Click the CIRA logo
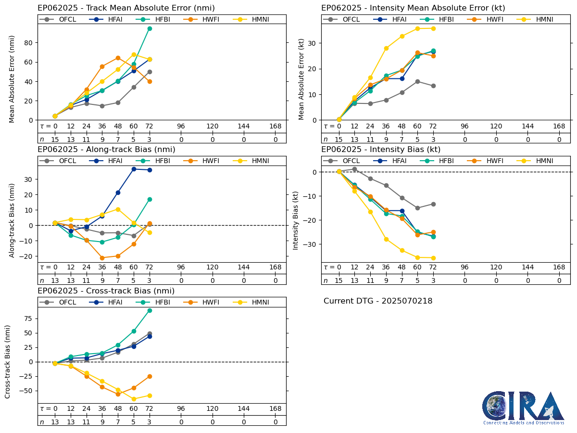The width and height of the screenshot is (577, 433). pyautogui.click(x=523, y=408)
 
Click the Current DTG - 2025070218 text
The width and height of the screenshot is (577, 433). pyautogui.click(x=378, y=301)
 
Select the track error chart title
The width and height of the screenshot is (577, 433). pyautogui.click(x=126, y=8)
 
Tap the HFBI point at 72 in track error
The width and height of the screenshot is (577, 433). pyautogui.click(x=150, y=28)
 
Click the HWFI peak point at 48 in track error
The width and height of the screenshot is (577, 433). pyautogui.click(x=118, y=58)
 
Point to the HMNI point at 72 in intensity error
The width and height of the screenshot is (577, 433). pyautogui.click(x=433, y=28)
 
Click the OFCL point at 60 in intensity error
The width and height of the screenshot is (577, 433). pyautogui.click(x=417, y=81)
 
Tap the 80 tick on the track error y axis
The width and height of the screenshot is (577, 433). pyautogui.click(x=29, y=42)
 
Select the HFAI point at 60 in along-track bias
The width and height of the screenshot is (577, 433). pyautogui.click(x=134, y=169)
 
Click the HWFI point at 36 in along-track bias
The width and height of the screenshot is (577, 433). pyautogui.click(x=102, y=258)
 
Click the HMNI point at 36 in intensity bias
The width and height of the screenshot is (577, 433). pyautogui.click(x=386, y=239)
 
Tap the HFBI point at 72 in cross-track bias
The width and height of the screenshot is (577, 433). pyautogui.click(x=150, y=310)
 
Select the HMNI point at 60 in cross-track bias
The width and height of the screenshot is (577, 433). pyautogui.click(x=134, y=399)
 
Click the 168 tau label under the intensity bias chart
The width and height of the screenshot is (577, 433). pyautogui.click(x=559, y=267)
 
